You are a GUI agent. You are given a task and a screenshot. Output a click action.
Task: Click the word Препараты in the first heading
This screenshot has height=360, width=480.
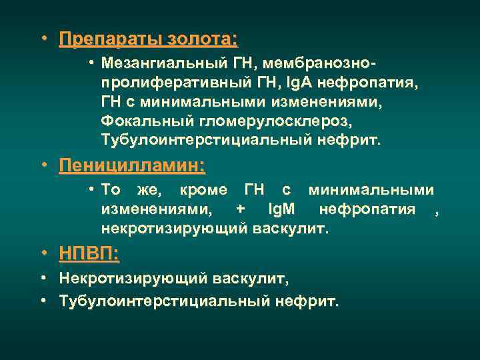[x=108, y=40]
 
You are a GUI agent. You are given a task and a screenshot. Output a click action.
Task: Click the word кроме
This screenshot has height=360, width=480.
[x=207, y=191]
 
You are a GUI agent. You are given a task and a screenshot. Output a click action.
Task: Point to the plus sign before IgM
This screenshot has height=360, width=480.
[x=240, y=210]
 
